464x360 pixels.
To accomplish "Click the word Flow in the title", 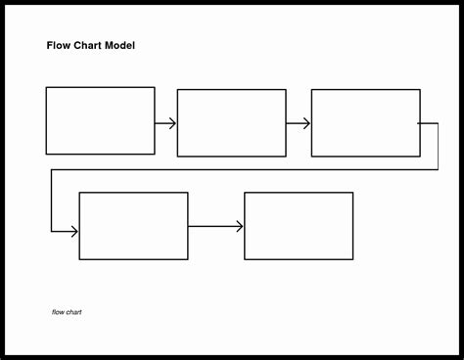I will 58,45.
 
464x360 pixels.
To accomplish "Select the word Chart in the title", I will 88,45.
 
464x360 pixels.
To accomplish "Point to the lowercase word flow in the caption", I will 58,313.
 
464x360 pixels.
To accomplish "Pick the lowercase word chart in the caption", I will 73,313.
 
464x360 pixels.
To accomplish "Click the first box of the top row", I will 100,120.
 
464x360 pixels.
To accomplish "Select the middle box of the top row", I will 231,123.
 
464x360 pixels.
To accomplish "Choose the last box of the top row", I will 365,123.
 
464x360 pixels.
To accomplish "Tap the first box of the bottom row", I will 133,226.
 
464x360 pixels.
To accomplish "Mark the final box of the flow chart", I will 299,226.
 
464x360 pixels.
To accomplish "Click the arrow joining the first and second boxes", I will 165,123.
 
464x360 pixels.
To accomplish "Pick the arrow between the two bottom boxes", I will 215,226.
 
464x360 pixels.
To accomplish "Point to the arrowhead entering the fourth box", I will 74,231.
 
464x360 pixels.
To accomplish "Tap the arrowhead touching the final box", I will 240,226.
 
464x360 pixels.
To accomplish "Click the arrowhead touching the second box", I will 173,123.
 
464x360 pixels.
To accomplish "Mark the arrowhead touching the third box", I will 307,123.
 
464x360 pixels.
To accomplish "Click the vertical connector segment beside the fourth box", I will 52,201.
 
